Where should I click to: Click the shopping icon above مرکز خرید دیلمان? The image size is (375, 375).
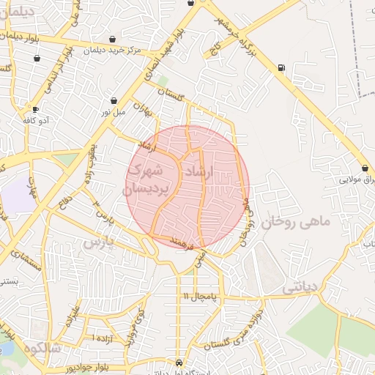point(112,39)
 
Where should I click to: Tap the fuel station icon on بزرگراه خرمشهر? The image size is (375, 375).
point(282,68)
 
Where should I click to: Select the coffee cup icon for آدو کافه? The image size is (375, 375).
point(34,109)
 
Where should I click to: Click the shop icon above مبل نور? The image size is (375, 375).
point(114,100)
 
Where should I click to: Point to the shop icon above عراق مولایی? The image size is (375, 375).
point(365,168)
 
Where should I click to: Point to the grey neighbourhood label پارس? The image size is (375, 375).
point(99,242)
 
